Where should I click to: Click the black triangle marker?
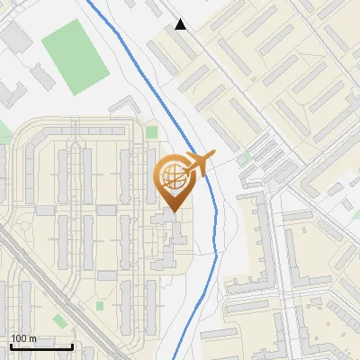(x=181, y=24)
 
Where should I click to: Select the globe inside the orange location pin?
(x=171, y=176)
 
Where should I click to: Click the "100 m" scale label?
(x=23, y=338)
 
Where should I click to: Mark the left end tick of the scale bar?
(x=11, y=346)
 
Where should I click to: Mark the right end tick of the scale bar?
(x=72, y=346)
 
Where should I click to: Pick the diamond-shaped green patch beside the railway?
(x=59, y=321)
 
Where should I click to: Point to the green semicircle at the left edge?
(x=4, y=135)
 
